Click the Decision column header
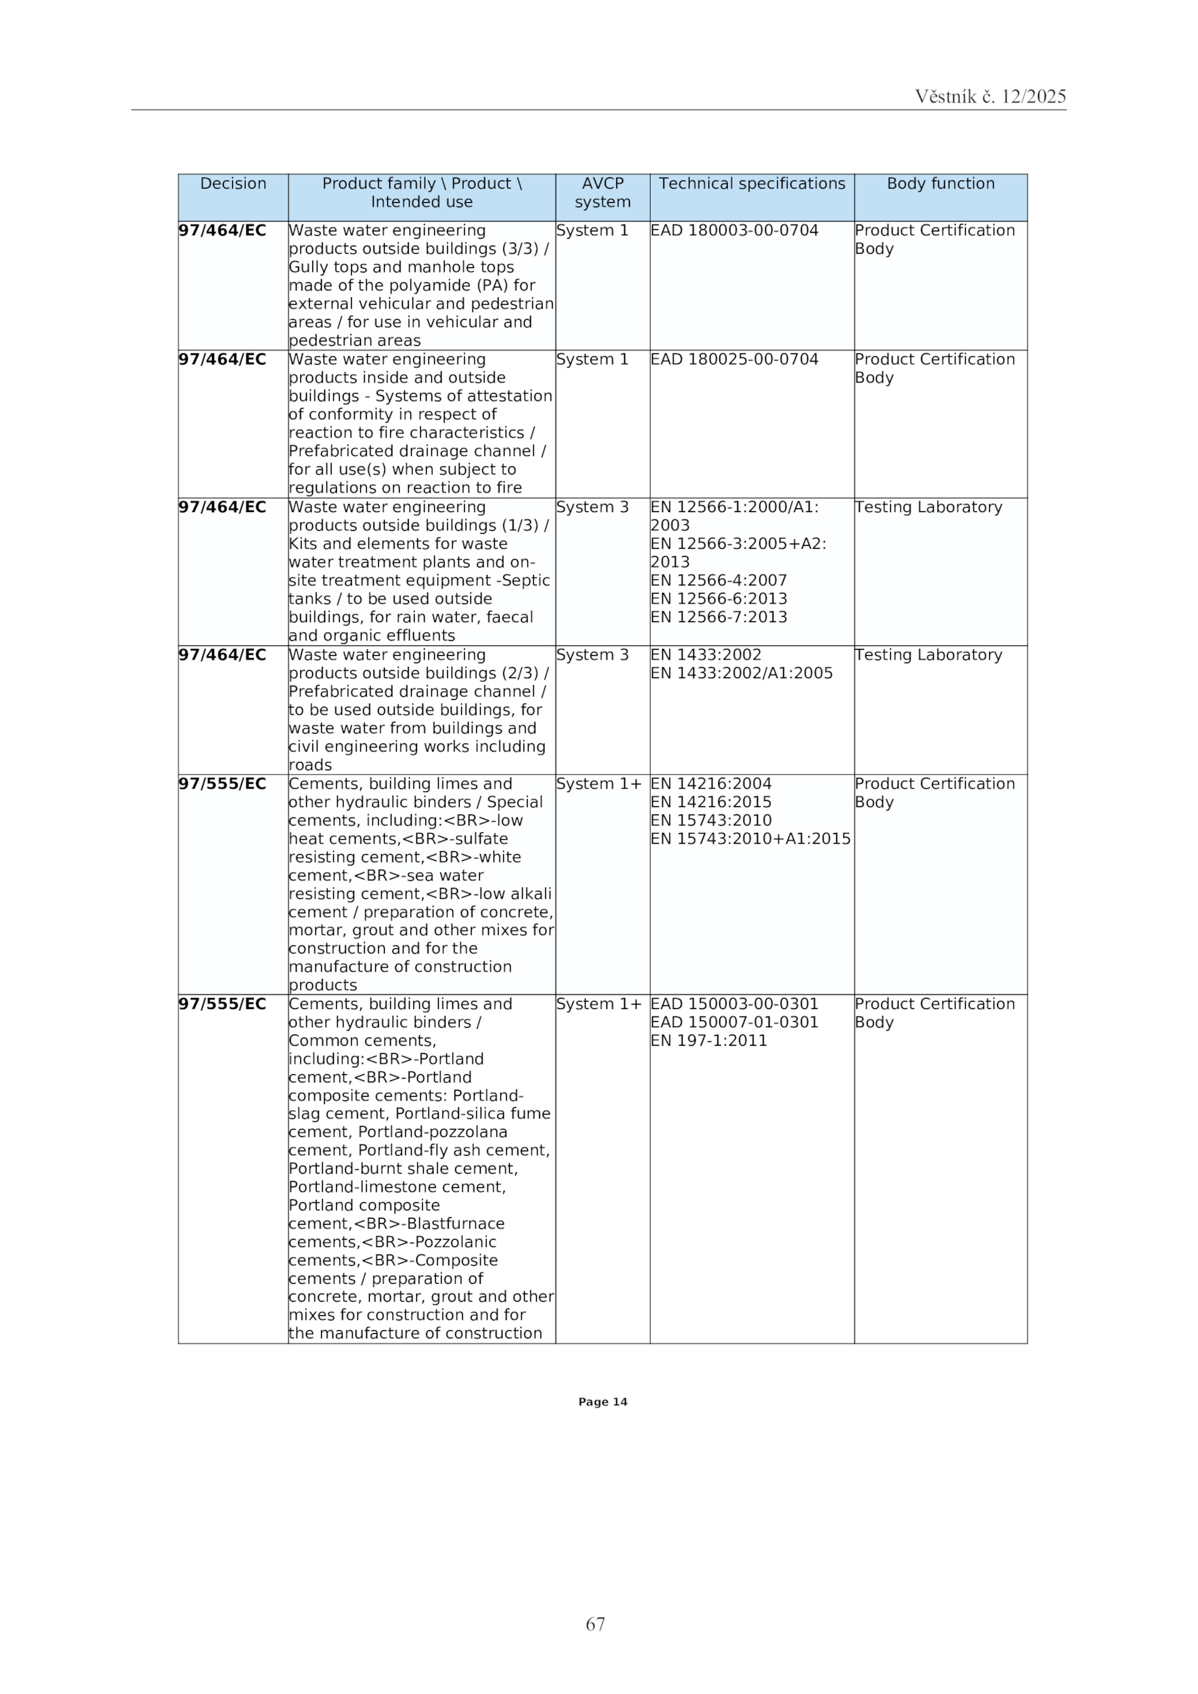pyautogui.click(x=233, y=183)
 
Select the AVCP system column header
pyautogui.click(x=602, y=192)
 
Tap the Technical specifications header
pyautogui.click(x=751, y=183)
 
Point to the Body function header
pyautogui.click(x=940, y=183)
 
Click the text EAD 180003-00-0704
pyautogui.click(x=734, y=231)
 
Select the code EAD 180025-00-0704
pyautogui.click(x=734, y=359)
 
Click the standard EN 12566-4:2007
pyautogui.click(x=718, y=580)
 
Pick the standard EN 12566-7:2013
pyautogui.click(x=718, y=617)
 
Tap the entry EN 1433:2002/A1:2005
pyautogui.click(x=741, y=673)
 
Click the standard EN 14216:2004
pyautogui.click(x=711, y=784)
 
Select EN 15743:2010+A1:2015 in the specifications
pyautogui.click(x=750, y=838)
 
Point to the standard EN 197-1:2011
pyautogui.click(x=708, y=1041)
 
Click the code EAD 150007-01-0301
pyautogui.click(x=734, y=1022)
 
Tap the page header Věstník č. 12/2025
pyautogui.click(x=990, y=97)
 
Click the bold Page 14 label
pyautogui.click(x=602, y=1402)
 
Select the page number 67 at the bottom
pyautogui.click(x=595, y=1624)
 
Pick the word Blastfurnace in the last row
pyautogui.click(x=455, y=1223)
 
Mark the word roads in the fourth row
pyautogui.click(x=310, y=765)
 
